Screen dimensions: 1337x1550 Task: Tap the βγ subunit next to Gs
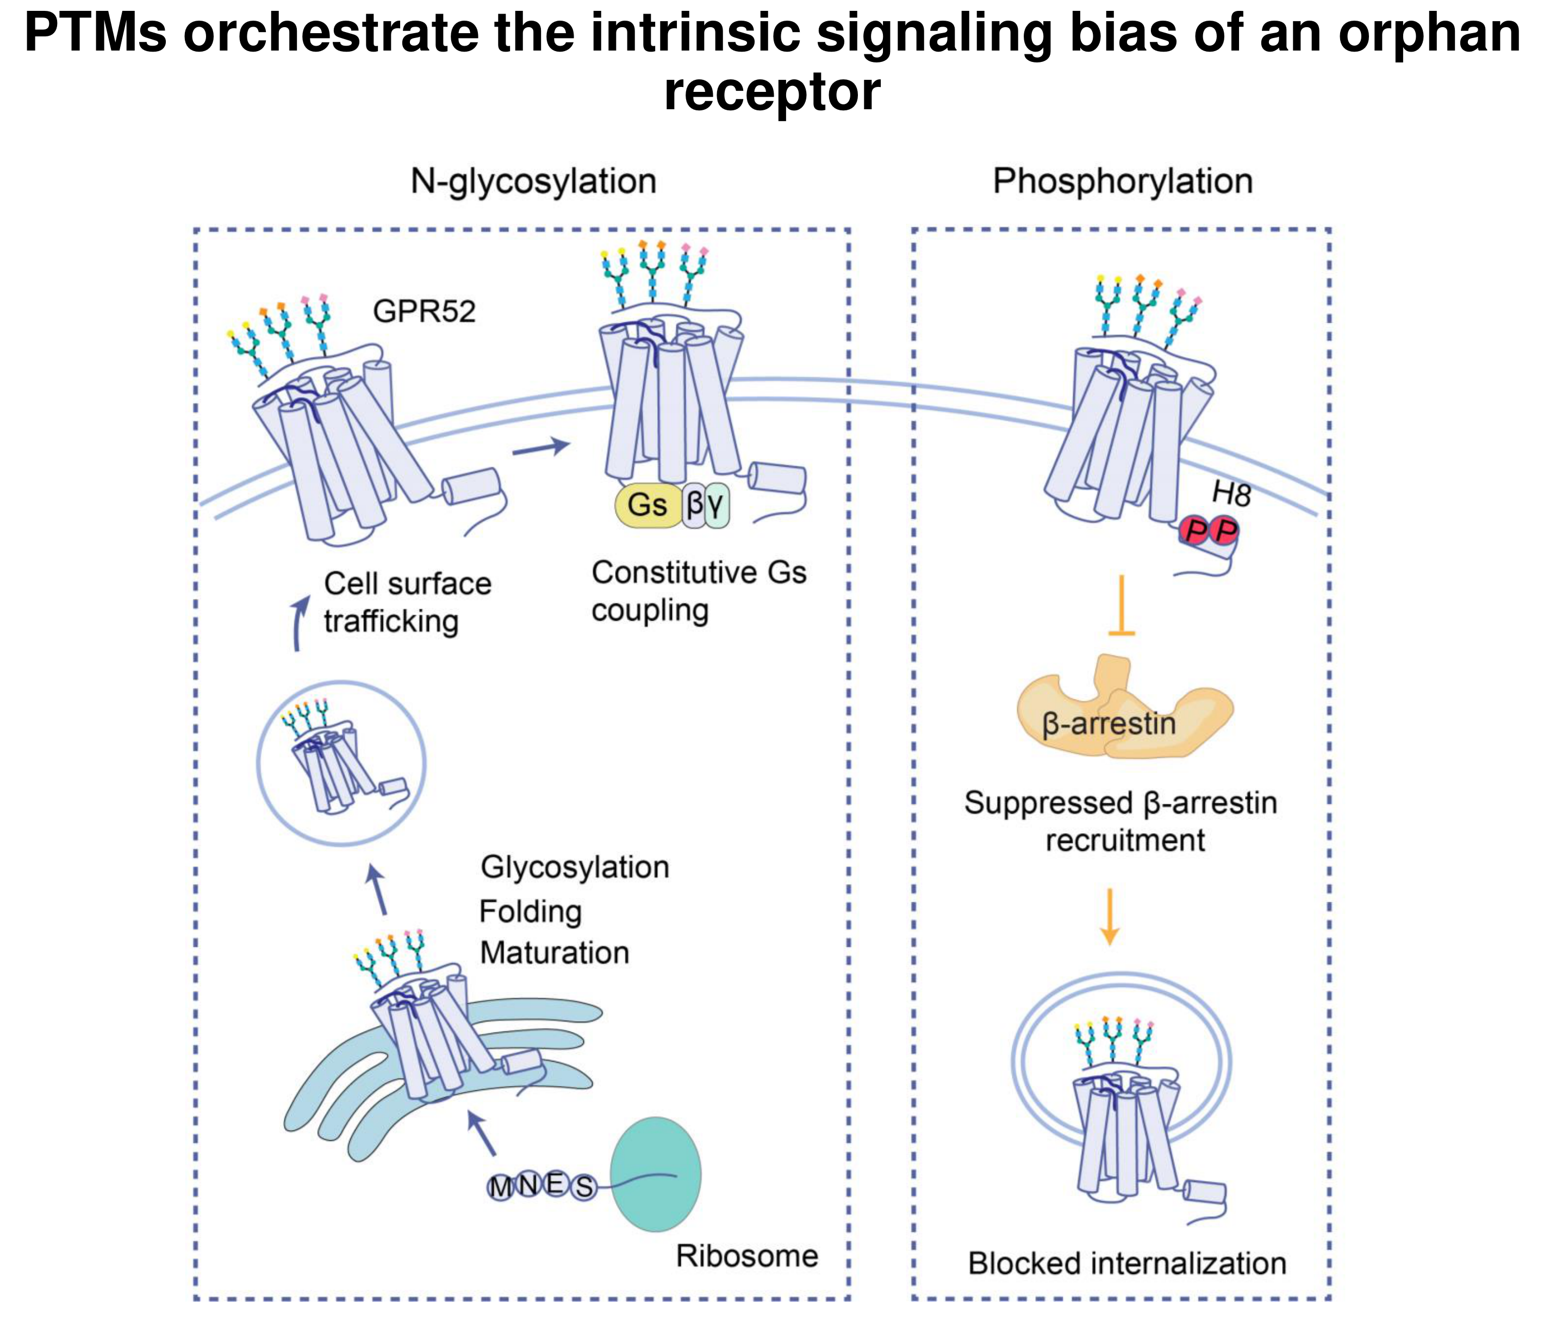[705, 505]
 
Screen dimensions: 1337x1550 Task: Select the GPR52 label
[424, 311]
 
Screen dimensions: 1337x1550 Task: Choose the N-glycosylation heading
[533, 182]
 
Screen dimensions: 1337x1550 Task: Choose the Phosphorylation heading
[1122, 182]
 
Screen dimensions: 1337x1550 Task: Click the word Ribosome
[746, 1256]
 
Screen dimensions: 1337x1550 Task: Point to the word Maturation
[555, 953]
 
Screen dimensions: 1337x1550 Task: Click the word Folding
[531, 911]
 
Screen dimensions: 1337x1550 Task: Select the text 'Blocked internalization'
[1126, 1264]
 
